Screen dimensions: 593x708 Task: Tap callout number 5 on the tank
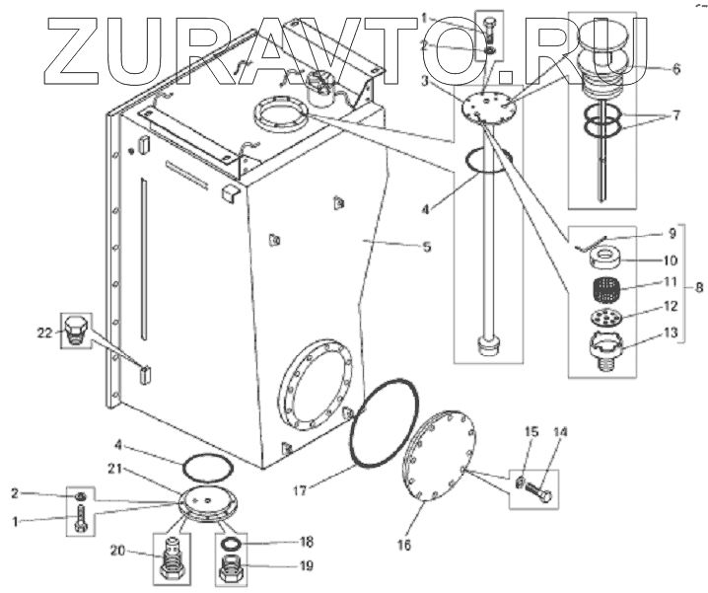point(426,247)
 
